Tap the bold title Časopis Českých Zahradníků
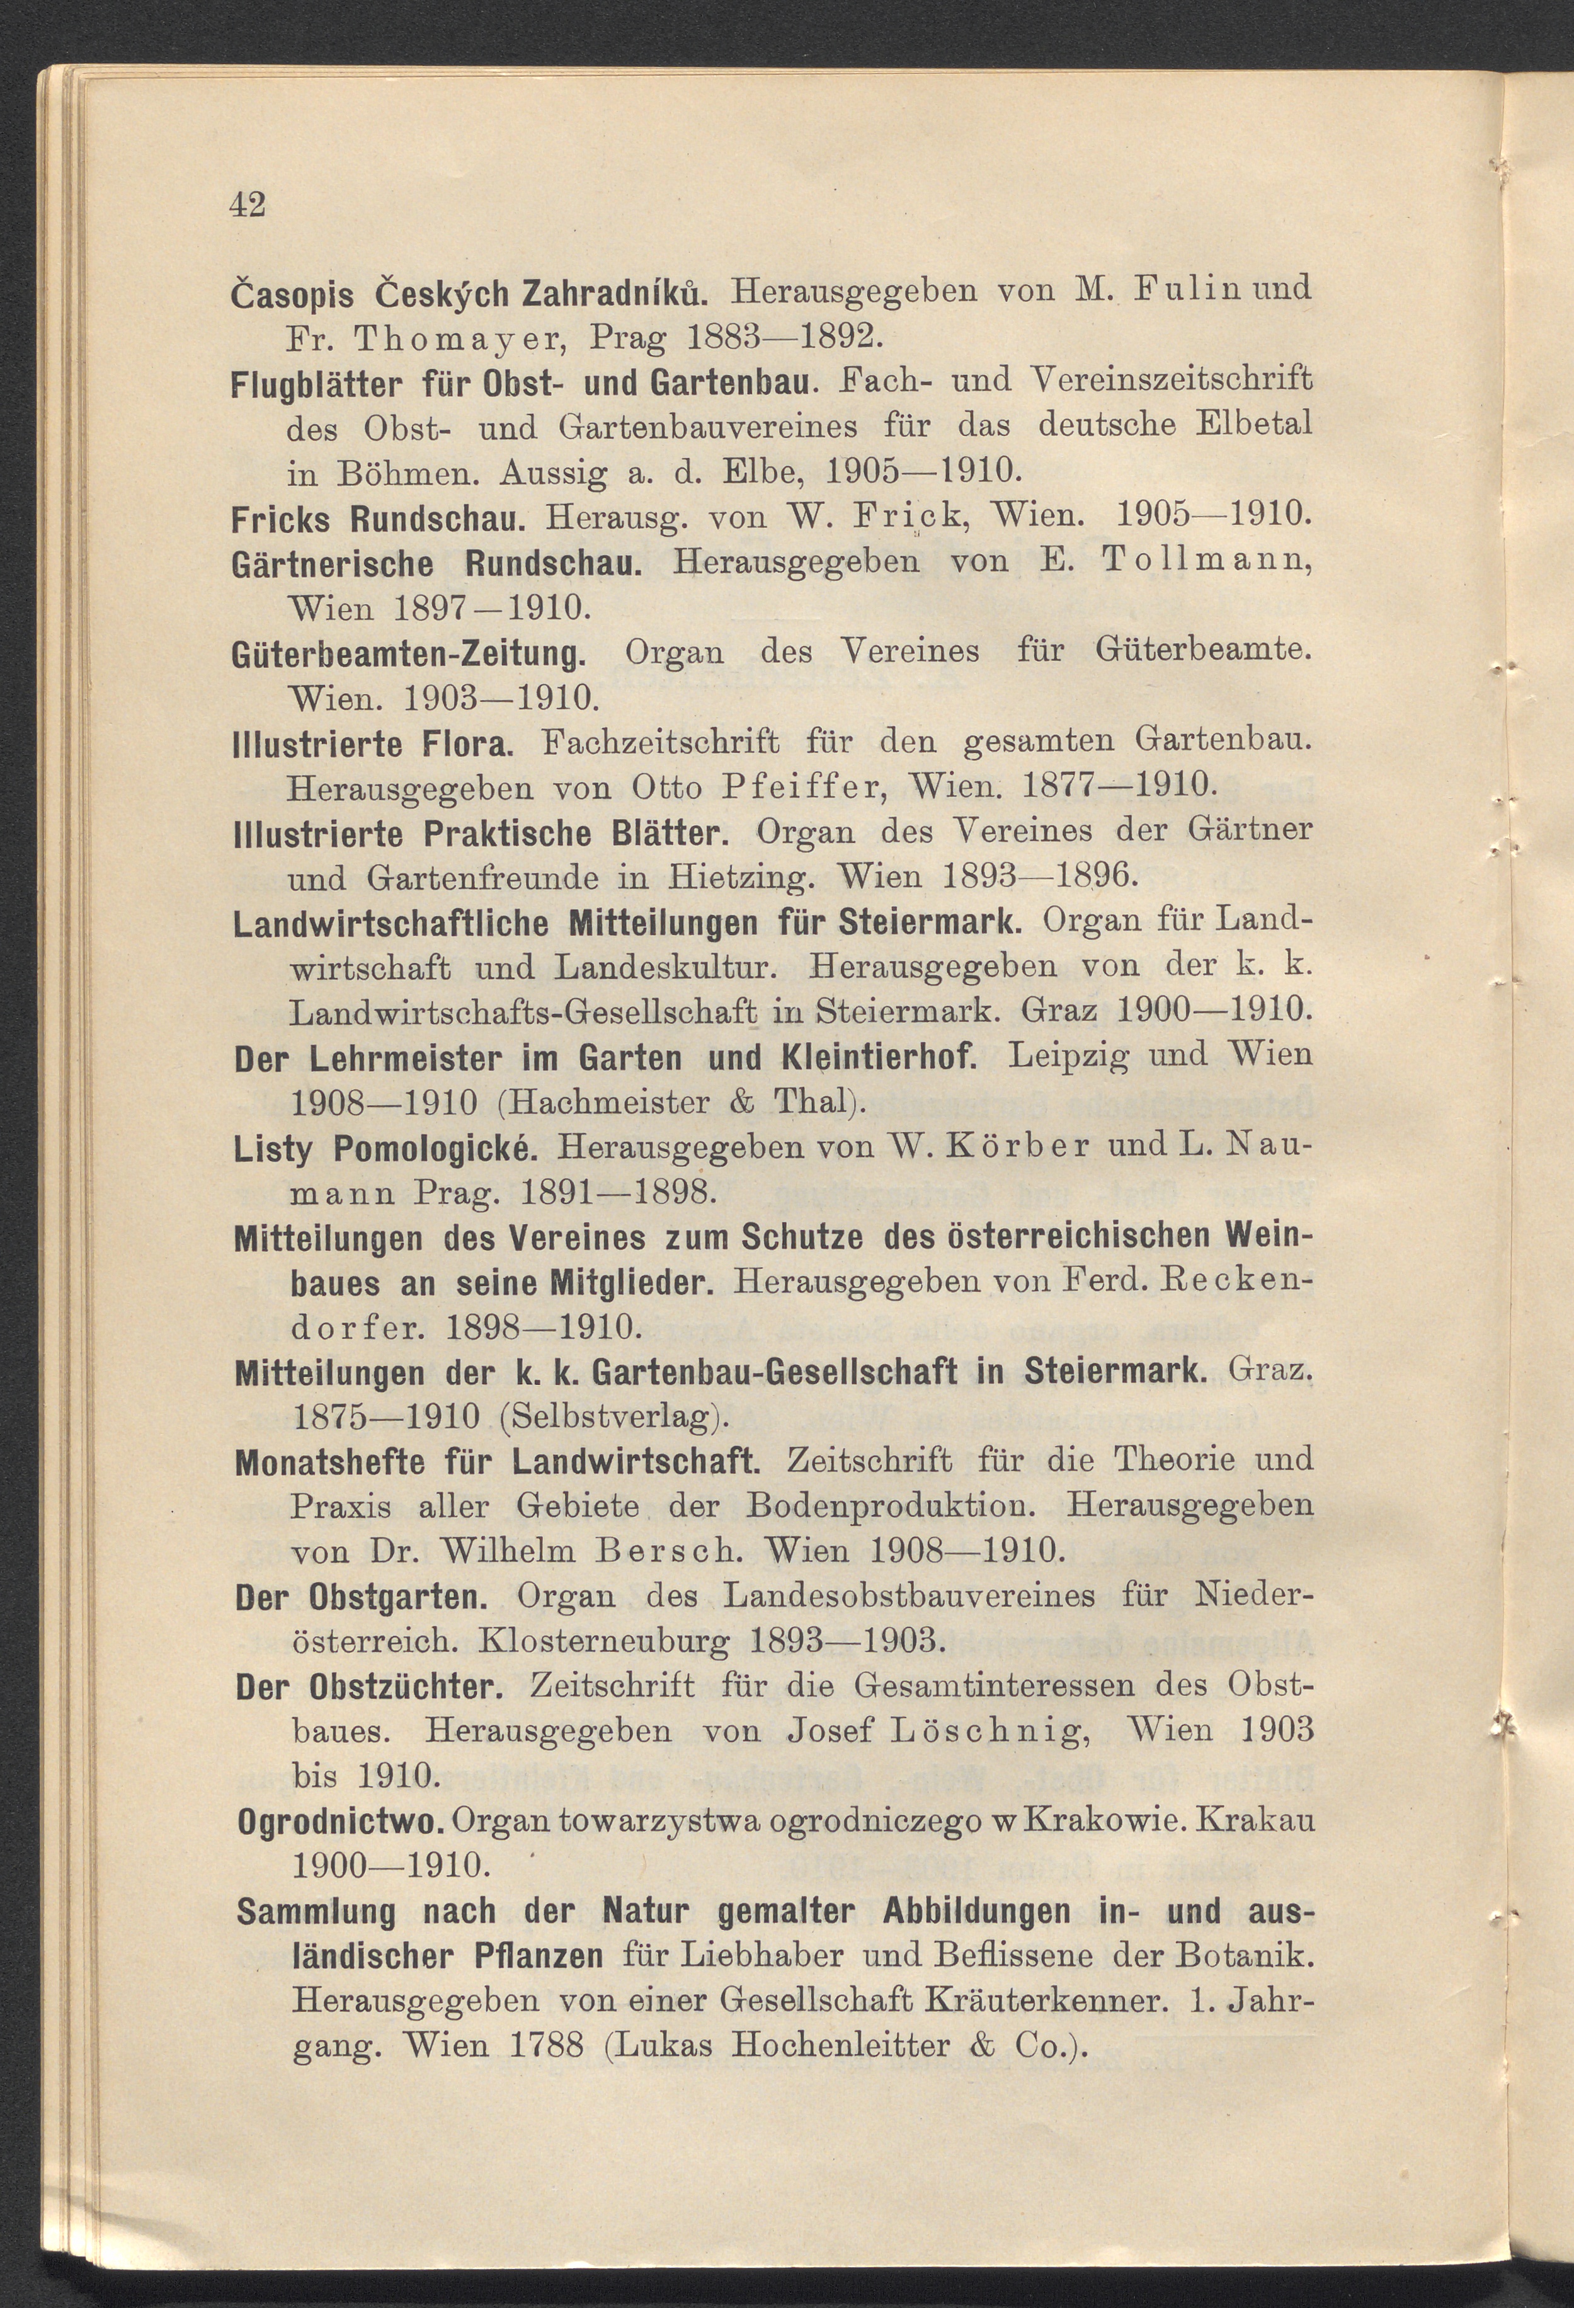coord(469,292)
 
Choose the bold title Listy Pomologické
coord(385,1149)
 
